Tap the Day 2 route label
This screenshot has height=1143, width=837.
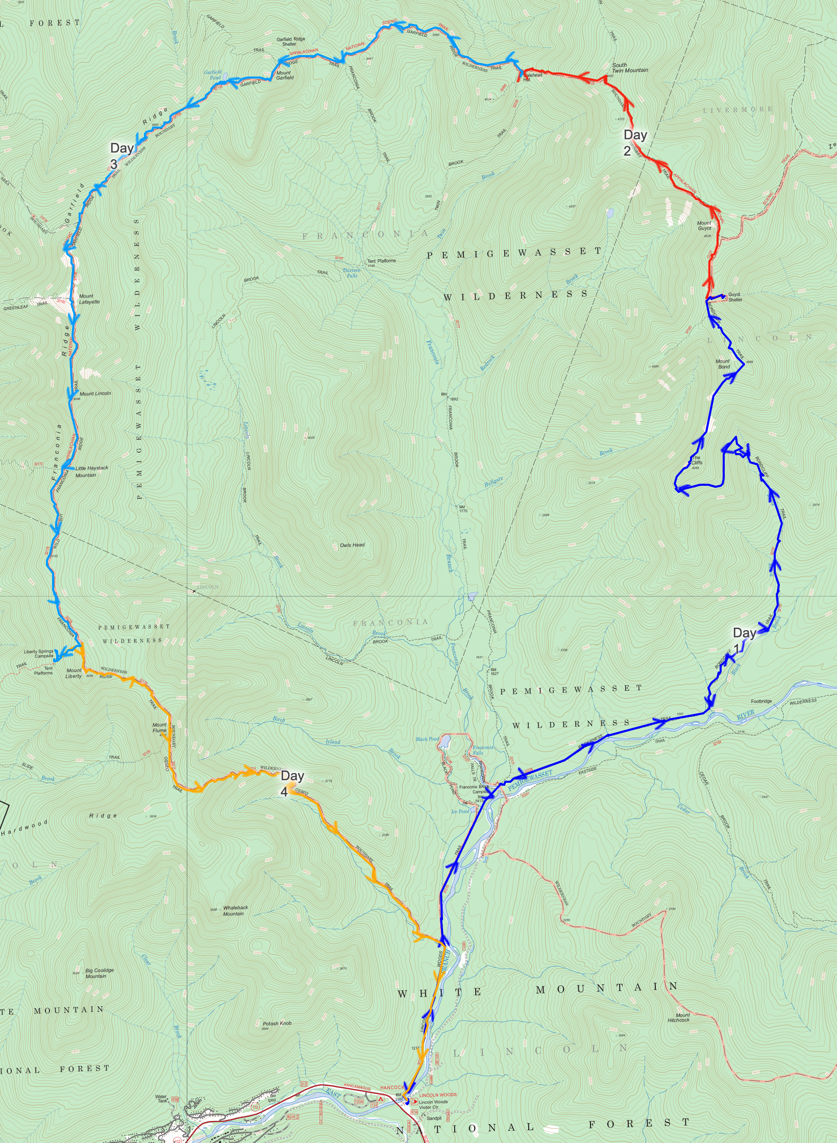[x=634, y=142]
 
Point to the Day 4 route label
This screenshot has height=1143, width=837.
[x=291, y=782]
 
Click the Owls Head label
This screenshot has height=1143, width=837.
[x=352, y=545]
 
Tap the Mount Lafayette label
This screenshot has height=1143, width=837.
[x=89, y=299]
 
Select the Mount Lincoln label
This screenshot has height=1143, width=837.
[x=95, y=393]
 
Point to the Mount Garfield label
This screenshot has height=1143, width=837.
[x=284, y=76]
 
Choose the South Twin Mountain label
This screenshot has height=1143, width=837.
[x=630, y=68]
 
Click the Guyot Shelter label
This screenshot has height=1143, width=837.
[x=735, y=297]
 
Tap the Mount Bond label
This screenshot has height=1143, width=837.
[x=723, y=364]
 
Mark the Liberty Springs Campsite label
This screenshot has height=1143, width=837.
[x=39, y=654]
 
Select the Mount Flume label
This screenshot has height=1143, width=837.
[x=159, y=728]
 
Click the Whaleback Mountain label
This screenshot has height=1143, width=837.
[x=235, y=910]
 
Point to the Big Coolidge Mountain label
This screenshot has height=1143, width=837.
[x=99, y=973]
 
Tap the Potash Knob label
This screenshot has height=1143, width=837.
[x=277, y=1023]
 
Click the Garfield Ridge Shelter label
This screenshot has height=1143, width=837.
[x=290, y=41]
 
